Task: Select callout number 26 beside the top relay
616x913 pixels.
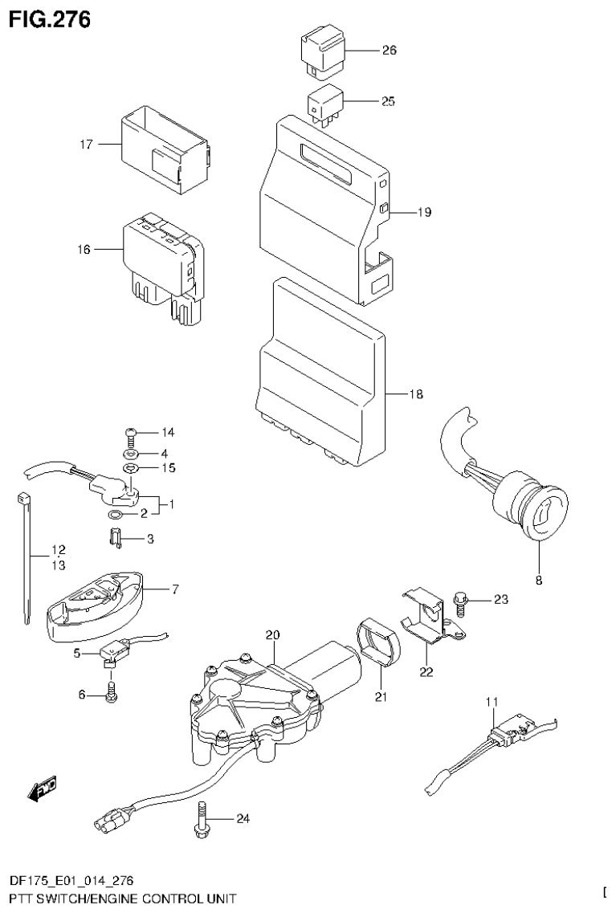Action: tap(389, 50)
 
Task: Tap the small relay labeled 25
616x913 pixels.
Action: tap(323, 104)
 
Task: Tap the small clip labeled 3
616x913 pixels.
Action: tap(115, 537)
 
